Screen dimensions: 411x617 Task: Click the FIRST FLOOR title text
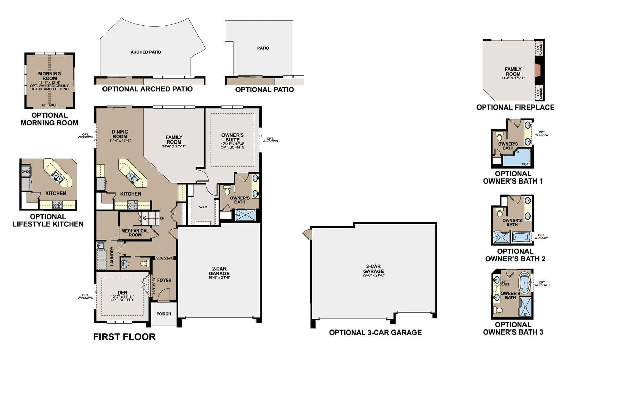click(124, 337)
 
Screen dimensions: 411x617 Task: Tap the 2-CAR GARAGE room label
click(219, 271)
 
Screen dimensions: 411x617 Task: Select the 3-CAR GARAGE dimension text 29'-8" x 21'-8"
click(374, 275)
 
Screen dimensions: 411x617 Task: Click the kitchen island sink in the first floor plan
click(132, 176)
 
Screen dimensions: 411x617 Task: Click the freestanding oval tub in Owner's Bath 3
click(525, 283)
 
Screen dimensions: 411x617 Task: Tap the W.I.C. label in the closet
click(203, 207)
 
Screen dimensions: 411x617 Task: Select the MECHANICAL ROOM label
click(135, 233)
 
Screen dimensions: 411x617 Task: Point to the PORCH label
click(164, 314)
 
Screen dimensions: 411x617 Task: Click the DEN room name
click(122, 292)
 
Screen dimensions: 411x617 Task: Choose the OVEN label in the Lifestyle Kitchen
click(26, 172)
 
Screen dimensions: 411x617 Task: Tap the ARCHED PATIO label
click(146, 52)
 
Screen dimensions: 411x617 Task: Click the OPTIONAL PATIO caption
click(264, 90)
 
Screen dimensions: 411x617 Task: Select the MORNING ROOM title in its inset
click(49, 76)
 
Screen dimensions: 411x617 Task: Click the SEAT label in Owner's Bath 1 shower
click(526, 164)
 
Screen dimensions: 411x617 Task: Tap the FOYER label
click(164, 280)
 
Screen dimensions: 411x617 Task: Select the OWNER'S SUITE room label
click(232, 137)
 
